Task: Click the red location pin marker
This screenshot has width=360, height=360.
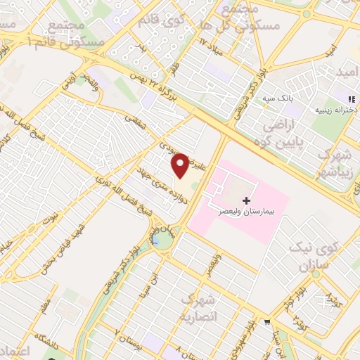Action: pyautogui.click(x=181, y=165)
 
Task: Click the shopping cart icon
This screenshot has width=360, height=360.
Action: pyautogui.click(x=266, y=323)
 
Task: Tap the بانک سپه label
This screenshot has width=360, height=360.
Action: pyautogui.click(x=278, y=98)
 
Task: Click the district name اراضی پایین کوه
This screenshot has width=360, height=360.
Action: pyautogui.click(x=281, y=134)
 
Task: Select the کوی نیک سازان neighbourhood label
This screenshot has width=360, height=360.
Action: pyautogui.click(x=315, y=257)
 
